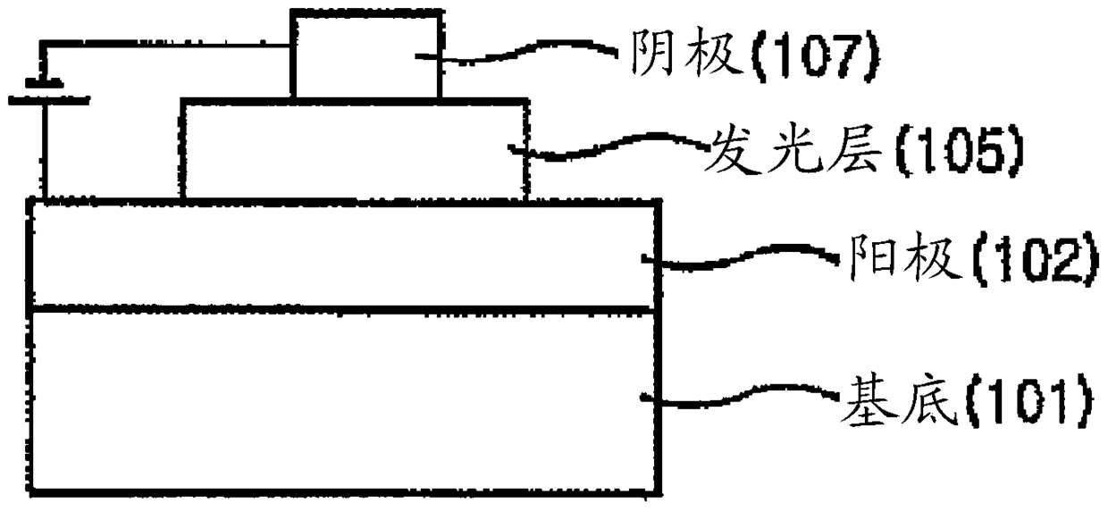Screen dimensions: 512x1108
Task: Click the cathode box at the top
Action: point(365,54)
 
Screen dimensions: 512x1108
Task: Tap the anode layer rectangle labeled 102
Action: point(345,256)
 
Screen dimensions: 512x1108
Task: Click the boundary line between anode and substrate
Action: point(345,310)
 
